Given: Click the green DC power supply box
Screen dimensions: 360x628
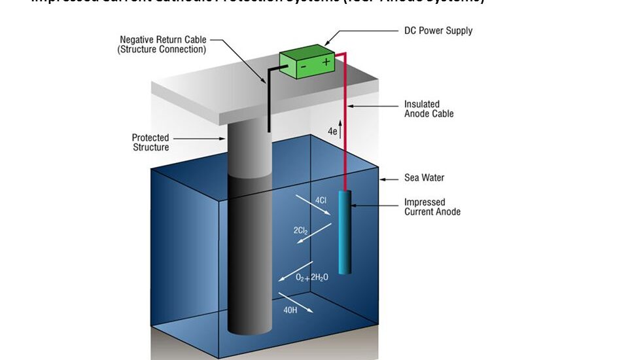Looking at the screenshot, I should [307, 63].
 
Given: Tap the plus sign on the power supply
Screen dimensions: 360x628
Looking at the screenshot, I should [326, 62].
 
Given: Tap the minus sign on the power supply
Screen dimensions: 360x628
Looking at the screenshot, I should [302, 65].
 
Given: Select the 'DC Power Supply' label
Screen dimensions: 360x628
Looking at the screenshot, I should [438, 31].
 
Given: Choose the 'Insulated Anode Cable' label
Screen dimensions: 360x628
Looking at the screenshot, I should [428, 109].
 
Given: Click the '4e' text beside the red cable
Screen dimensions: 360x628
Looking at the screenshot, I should [333, 132].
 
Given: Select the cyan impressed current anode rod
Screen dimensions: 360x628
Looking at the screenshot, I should [345, 232].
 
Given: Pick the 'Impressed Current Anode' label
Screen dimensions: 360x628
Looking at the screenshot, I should [432, 207].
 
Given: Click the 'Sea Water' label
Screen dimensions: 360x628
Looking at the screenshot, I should [425, 177].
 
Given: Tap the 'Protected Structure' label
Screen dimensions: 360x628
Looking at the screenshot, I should [150, 142].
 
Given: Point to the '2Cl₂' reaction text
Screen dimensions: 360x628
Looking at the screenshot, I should [302, 230].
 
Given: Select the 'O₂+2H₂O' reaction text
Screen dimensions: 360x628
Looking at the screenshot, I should [312, 278].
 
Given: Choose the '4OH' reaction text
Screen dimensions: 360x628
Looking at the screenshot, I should [290, 310].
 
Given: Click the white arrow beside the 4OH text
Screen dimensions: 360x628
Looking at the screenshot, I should [296, 301].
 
